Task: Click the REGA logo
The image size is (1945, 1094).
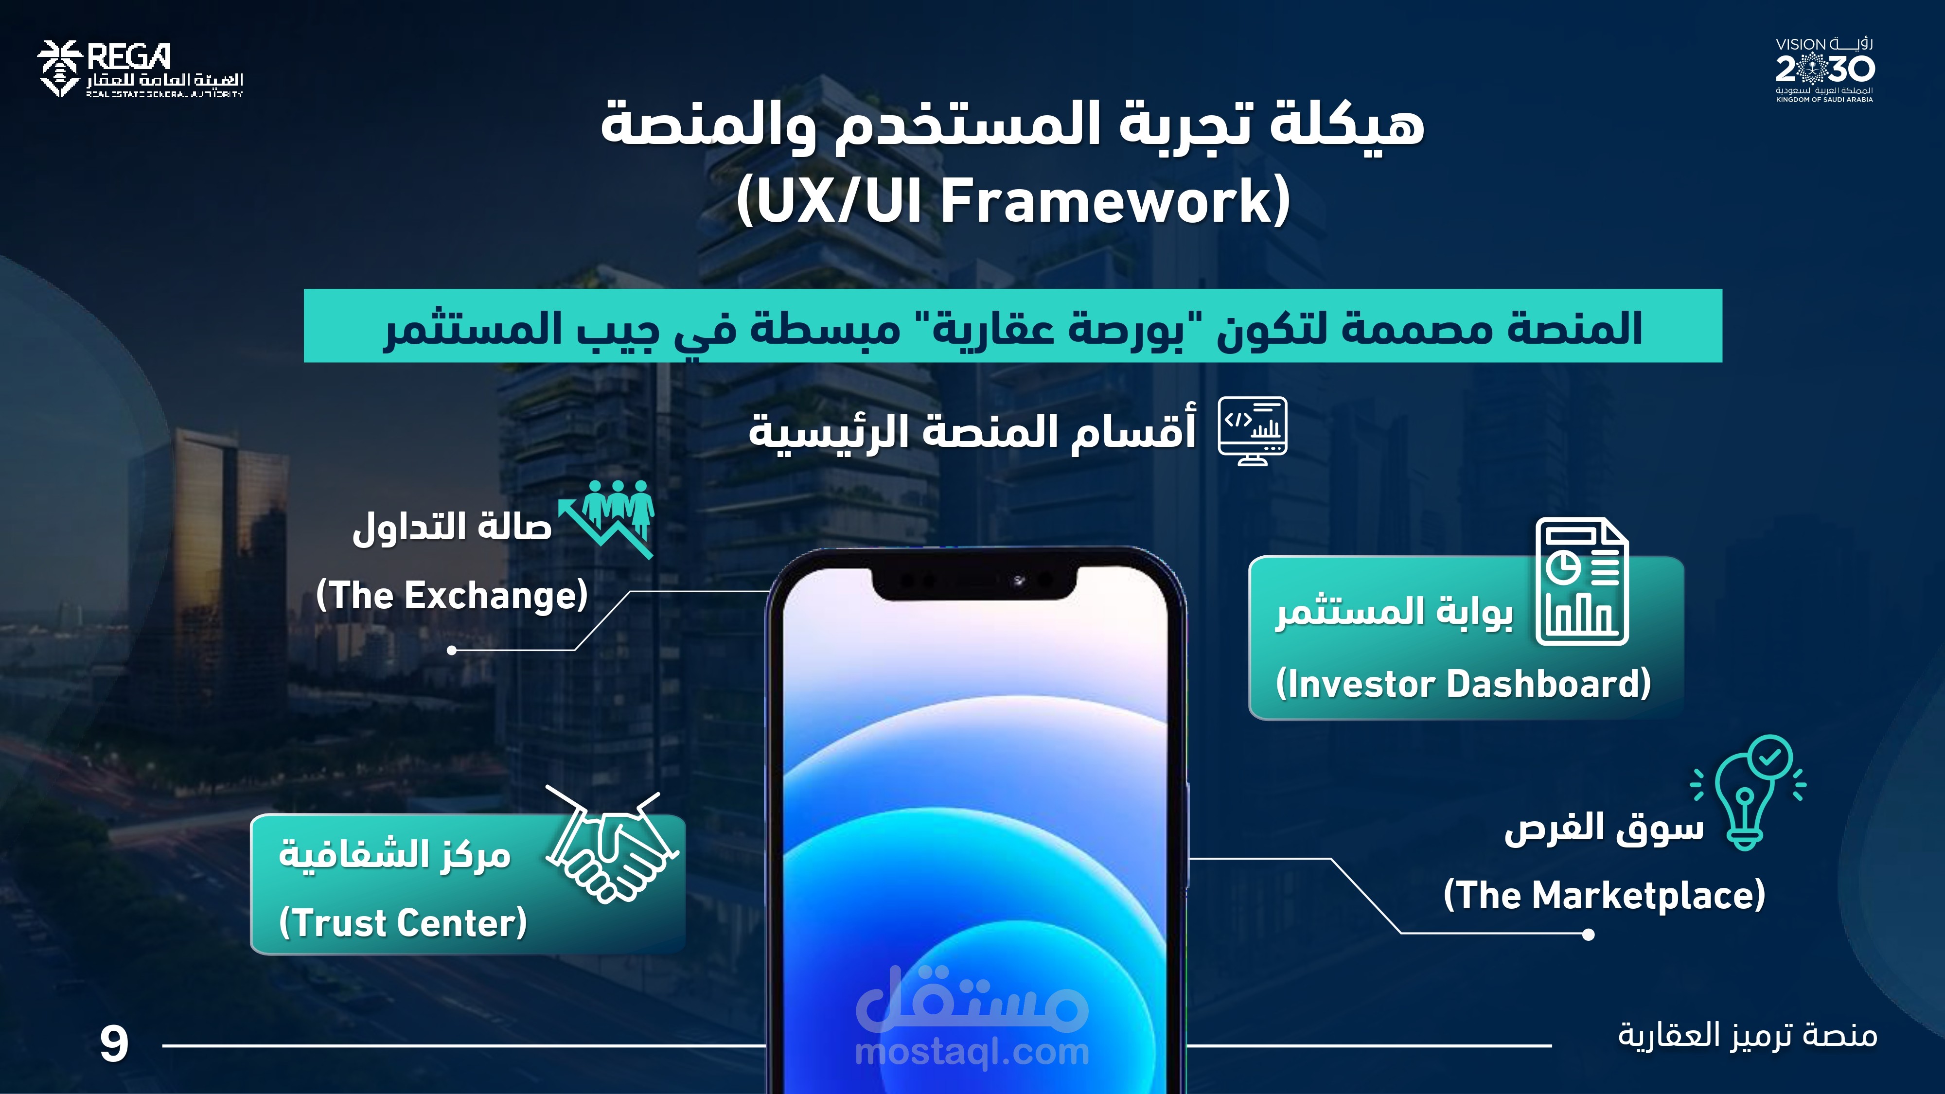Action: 140,70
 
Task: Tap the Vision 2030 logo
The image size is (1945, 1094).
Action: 1824,70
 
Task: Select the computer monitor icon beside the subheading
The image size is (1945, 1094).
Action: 1253,431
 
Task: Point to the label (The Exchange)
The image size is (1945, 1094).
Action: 452,596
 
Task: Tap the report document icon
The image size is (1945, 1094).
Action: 1582,582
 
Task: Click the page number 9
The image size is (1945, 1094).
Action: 114,1045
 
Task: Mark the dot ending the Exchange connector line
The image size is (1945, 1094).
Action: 452,650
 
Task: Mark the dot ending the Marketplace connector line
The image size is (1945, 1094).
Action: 1589,935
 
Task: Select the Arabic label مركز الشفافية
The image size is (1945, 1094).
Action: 395,855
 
